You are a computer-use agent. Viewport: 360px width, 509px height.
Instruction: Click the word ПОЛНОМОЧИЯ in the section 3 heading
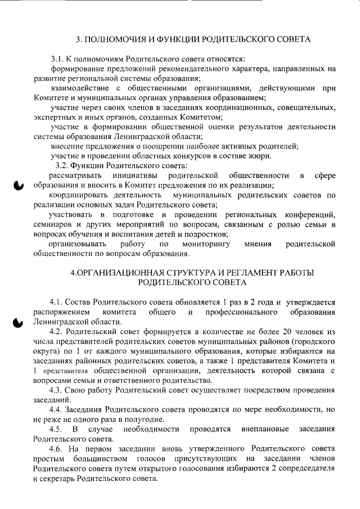pyautogui.click(x=114, y=40)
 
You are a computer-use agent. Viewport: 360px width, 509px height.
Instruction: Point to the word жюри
pyautogui.click(x=261, y=155)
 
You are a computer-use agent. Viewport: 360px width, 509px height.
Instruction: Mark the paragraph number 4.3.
pyautogui.click(x=58, y=390)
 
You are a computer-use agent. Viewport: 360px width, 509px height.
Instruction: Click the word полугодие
pyautogui.click(x=145, y=420)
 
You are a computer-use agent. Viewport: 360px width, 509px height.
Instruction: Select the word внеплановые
pyautogui.click(x=263, y=429)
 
